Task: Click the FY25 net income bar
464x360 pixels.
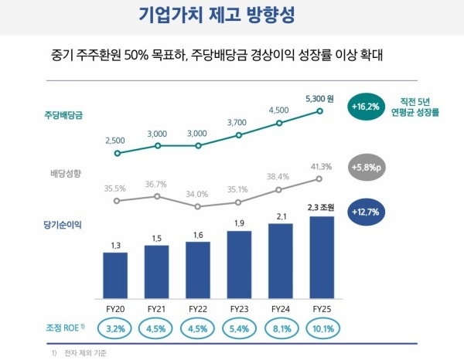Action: (x=322, y=257)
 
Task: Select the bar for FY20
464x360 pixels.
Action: (x=115, y=276)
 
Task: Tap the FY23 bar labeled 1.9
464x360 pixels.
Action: (x=239, y=265)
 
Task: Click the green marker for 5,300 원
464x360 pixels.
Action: (x=319, y=111)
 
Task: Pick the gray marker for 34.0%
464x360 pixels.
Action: (x=198, y=206)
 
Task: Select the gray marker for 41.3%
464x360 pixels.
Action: (x=319, y=178)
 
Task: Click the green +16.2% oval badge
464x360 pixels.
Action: (x=366, y=107)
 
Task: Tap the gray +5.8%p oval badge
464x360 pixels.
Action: (x=367, y=168)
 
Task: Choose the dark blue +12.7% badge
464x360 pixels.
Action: (x=366, y=212)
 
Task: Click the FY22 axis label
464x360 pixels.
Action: (x=198, y=309)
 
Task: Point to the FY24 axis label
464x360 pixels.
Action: (x=281, y=309)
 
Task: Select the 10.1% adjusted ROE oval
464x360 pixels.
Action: (x=323, y=328)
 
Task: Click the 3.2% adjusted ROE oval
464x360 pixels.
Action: (x=115, y=328)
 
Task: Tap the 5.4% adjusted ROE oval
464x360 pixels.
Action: (x=240, y=328)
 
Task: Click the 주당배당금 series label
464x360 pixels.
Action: (x=63, y=114)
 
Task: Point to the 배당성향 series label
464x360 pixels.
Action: (x=66, y=173)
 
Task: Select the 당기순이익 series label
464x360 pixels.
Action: (x=63, y=225)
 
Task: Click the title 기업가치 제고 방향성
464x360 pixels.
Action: (x=217, y=15)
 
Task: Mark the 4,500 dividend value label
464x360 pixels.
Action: (x=278, y=110)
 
